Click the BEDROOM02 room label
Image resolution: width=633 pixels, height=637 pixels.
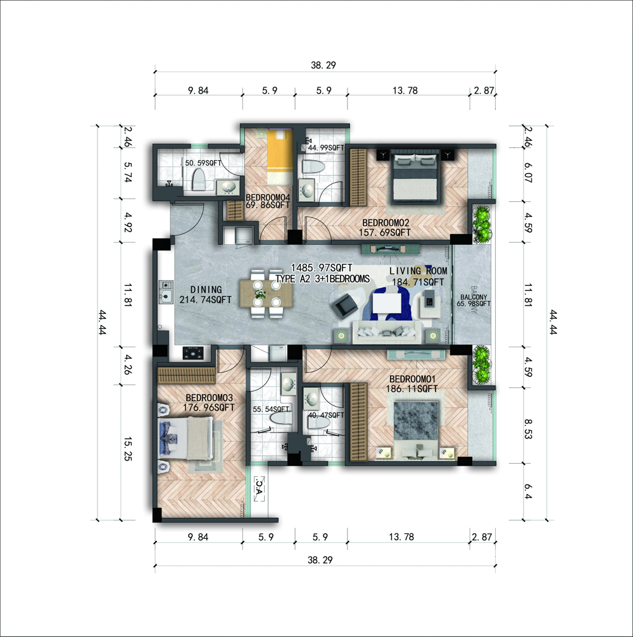click(x=385, y=223)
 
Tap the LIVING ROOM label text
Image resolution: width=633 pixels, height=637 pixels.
click(x=418, y=271)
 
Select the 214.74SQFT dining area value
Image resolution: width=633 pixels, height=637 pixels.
click(x=205, y=300)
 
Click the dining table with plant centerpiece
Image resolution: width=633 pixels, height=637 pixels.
click(x=266, y=294)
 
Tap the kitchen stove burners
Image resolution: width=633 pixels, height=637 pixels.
click(x=193, y=352)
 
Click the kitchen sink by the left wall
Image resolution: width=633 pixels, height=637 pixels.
click(x=165, y=292)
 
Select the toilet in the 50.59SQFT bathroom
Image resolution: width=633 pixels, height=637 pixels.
click(x=198, y=180)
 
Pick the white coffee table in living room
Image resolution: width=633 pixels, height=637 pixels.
click(x=387, y=302)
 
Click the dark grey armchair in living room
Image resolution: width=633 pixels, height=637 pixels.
click(x=344, y=306)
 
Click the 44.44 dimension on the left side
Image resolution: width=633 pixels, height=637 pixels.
click(x=103, y=322)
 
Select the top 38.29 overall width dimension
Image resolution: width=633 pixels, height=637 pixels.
click(x=323, y=65)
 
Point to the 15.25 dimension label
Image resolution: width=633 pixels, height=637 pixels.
click(x=128, y=449)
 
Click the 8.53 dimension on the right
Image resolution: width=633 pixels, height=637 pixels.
click(x=528, y=429)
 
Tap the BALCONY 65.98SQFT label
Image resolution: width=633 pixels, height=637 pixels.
click(x=473, y=300)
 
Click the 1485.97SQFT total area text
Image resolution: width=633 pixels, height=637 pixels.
click(x=322, y=268)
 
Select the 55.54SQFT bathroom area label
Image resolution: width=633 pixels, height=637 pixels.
click(x=271, y=409)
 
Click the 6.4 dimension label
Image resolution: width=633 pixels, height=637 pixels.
click(x=528, y=491)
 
